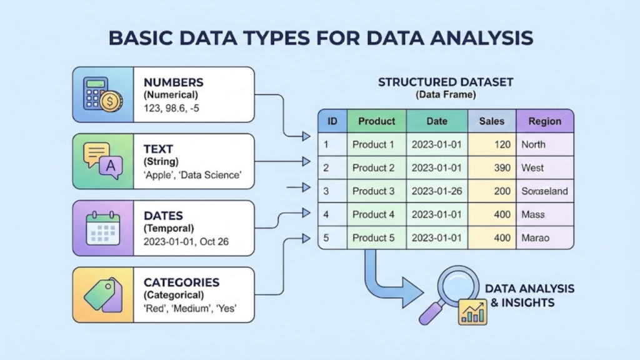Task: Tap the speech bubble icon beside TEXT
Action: coord(103,161)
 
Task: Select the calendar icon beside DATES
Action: coord(103,228)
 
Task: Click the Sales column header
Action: coord(491,121)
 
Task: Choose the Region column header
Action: coord(544,121)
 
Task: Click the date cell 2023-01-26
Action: coord(436,191)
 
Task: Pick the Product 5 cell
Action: coord(373,237)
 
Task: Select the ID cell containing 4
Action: coord(326,214)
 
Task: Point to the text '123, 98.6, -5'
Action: coord(172,107)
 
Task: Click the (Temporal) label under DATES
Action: coord(169,228)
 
